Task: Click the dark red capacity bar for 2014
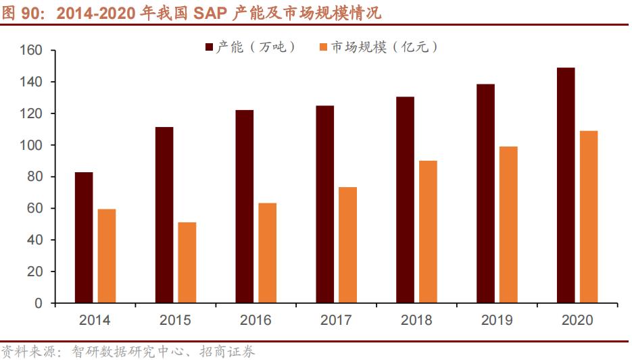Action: click(84, 238)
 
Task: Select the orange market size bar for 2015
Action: click(187, 263)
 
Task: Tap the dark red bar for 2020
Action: click(566, 185)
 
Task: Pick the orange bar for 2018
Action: click(428, 232)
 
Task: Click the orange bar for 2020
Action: click(589, 217)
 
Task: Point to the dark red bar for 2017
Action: click(324, 204)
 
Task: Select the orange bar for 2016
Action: click(268, 253)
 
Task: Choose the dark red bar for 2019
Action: click(485, 193)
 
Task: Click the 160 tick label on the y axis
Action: click(32, 51)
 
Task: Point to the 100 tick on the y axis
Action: click(32, 145)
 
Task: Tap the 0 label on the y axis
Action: click(39, 303)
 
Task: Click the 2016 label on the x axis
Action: click(256, 320)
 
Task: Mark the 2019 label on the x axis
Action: click(497, 320)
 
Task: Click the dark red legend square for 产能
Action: click(209, 47)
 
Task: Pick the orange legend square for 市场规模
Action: click(323, 47)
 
